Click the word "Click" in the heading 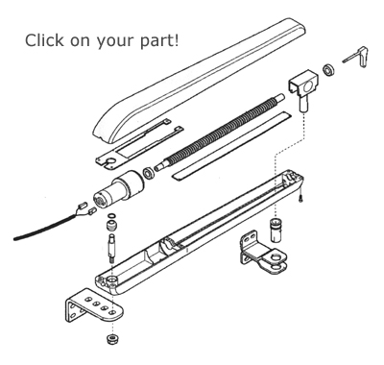click(44, 40)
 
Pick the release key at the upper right click(356, 57)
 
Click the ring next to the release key click(328, 70)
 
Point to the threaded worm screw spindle click(220, 132)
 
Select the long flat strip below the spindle click(231, 146)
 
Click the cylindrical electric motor click(118, 189)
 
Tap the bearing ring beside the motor click(149, 173)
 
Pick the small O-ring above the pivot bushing click(111, 216)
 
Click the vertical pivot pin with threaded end click(110, 249)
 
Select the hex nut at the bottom click(111, 338)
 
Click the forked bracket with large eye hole click(263, 252)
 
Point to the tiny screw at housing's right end click(300, 200)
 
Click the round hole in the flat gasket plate click(111, 161)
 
